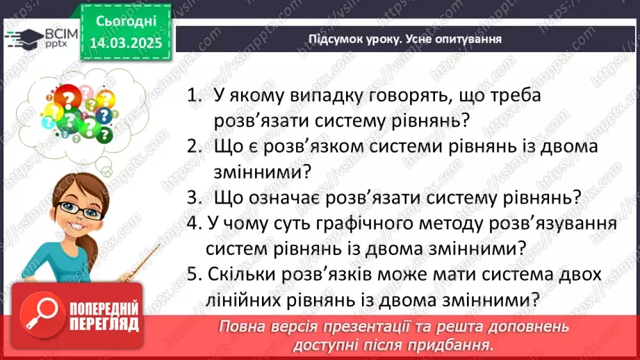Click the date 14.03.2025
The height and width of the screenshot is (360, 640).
[x=125, y=42]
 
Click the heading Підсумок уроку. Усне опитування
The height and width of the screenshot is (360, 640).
[x=405, y=39]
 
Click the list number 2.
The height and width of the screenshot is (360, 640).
[x=192, y=147]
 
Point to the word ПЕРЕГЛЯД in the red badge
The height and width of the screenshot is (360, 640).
[x=105, y=324]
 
